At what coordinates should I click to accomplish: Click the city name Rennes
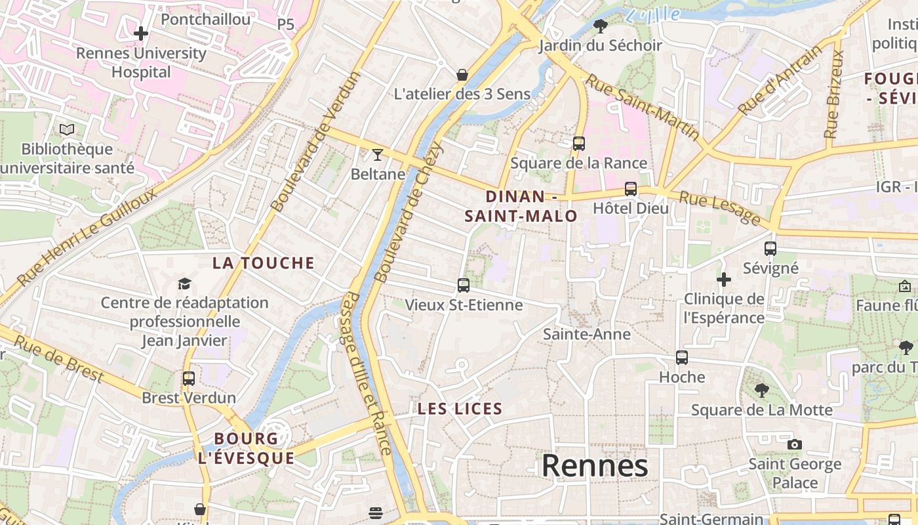click(x=595, y=466)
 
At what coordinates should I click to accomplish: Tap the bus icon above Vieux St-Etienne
click(x=464, y=285)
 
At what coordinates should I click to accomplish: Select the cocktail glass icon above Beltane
click(x=377, y=155)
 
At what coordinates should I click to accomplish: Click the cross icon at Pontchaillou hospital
click(x=141, y=33)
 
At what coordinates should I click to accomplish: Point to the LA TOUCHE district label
click(x=264, y=263)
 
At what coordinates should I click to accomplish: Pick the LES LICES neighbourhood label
click(x=460, y=409)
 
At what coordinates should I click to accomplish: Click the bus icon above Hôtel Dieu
click(x=631, y=189)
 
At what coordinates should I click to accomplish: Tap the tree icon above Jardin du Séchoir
click(x=600, y=26)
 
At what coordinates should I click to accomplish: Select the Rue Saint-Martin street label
click(x=643, y=107)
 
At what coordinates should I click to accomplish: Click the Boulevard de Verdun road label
click(x=315, y=141)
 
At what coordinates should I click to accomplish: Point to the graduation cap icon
click(x=184, y=283)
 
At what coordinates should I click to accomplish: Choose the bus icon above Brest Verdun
click(x=189, y=378)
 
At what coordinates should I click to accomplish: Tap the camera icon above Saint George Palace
click(x=795, y=444)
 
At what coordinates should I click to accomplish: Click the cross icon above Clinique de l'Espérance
click(x=724, y=280)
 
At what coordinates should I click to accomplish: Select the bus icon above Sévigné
click(x=770, y=249)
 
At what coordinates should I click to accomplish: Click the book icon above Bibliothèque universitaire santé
click(x=67, y=129)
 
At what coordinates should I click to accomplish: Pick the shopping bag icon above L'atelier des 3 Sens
click(x=462, y=75)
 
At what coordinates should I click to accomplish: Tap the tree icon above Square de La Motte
click(x=762, y=390)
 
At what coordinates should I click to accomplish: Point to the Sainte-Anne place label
click(x=587, y=334)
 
